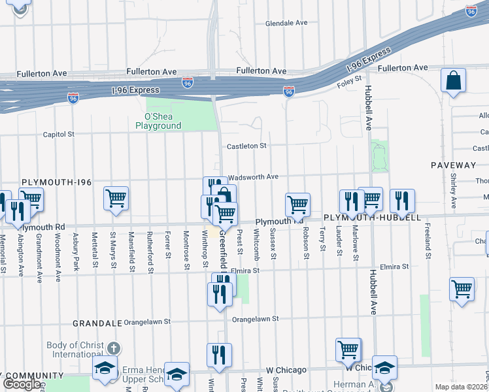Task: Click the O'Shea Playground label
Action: point(158,121)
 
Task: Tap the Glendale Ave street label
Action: point(286,23)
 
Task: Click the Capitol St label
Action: point(58,135)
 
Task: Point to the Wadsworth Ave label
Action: point(254,176)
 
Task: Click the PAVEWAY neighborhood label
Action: point(454,165)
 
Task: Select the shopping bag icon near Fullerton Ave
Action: point(452,81)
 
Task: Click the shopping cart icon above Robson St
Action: point(297,204)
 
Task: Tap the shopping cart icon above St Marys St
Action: point(116,197)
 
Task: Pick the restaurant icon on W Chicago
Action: point(220,355)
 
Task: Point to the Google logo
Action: point(22,384)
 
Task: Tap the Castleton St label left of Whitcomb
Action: point(246,146)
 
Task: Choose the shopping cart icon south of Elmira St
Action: point(462,288)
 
